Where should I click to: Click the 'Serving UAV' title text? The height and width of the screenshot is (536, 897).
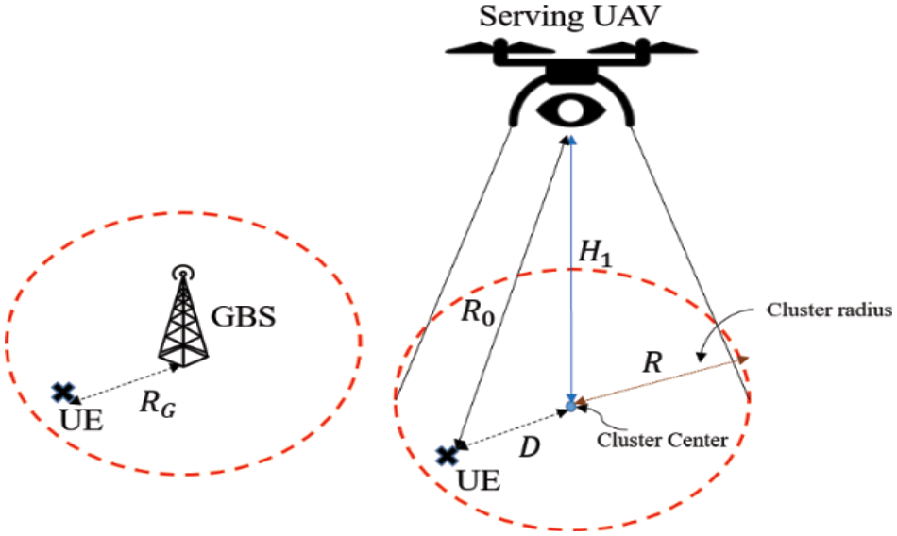(569, 16)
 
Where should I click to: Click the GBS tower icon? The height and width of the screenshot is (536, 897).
(183, 317)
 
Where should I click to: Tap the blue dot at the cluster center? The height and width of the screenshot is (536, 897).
(570, 406)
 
